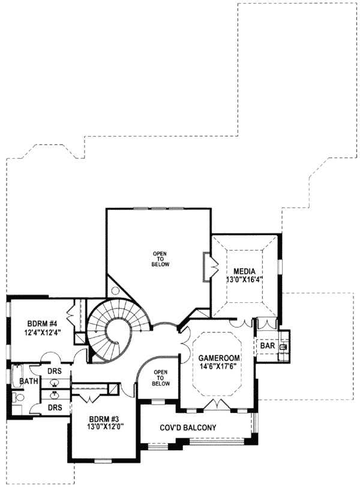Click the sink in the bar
point(283,347)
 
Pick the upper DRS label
point(55,373)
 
